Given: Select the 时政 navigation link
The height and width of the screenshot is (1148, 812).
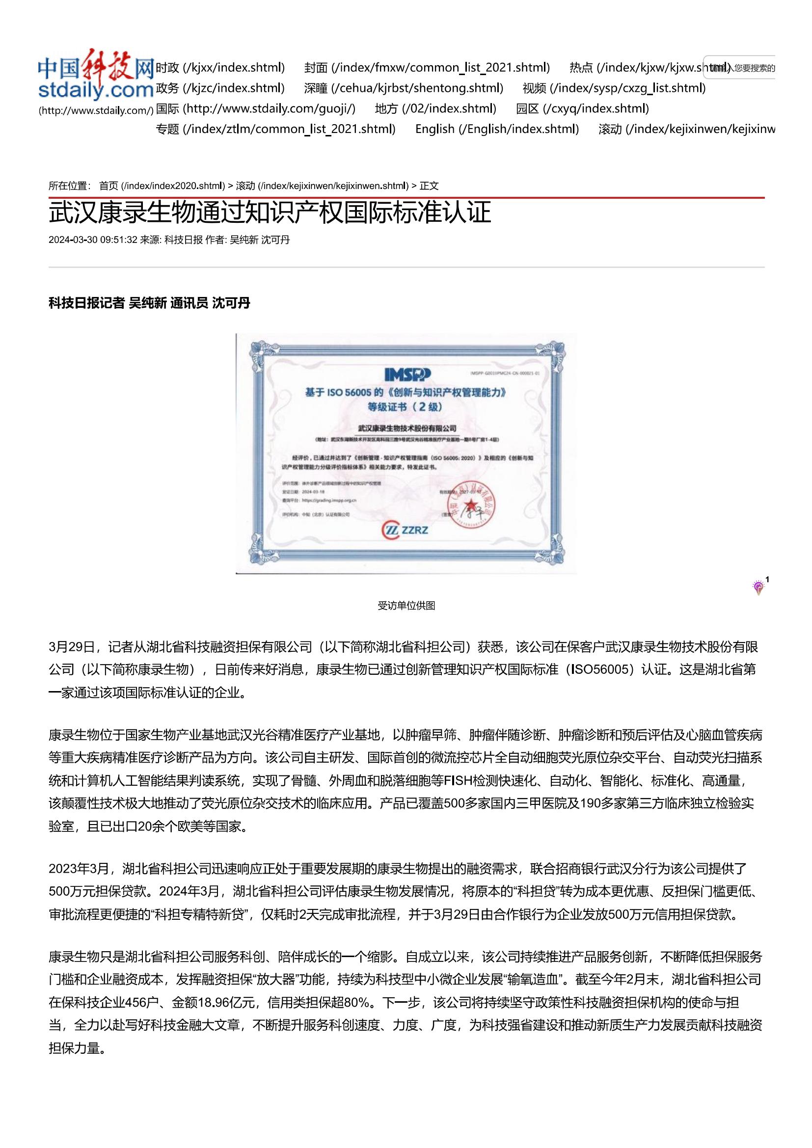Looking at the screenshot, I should pos(220,68).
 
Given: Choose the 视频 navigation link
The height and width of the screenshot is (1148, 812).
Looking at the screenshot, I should pos(614,88).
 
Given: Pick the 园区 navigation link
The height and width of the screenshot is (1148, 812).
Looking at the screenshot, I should pos(582,108).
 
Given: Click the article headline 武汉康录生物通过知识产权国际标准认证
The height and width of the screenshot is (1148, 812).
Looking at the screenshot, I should pos(270,213).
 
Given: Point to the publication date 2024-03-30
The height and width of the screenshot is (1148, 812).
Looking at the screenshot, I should pos(73,240).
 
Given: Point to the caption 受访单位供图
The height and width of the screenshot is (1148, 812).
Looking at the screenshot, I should pos(406,606).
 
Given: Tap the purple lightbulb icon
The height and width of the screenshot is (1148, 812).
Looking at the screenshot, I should pos(758,587).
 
